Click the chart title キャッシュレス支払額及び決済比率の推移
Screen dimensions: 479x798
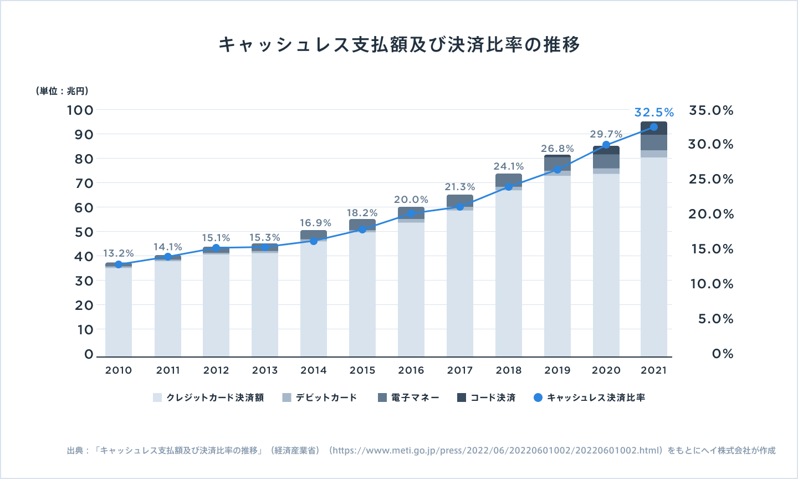pyautogui.click(x=399, y=44)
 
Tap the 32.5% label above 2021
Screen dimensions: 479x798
pyautogui.click(x=654, y=113)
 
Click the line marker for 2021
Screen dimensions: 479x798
pyautogui.click(x=654, y=127)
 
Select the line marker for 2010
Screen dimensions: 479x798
pyautogui.click(x=119, y=264)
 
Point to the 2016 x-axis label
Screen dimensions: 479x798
pyautogui.click(x=411, y=370)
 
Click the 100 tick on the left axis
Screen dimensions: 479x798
pyautogui.click(x=80, y=110)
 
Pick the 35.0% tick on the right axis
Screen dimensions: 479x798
pyautogui.click(x=711, y=110)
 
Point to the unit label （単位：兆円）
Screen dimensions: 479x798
pyautogui.click(x=62, y=91)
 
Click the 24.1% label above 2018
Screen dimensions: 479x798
pyautogui.click(x=509, y=166)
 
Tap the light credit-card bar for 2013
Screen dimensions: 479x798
pyautogui.click(x=265, y=305)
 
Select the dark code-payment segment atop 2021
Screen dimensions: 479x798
pyautogui.click(x=654, y=128)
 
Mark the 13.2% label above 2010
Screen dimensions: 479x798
pyautogui.click(x=119, y=253)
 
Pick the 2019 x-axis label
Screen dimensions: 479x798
pyautogui.click(x=557, y=370)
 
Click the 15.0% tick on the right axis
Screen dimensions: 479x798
pyautogui.click(x=712, y=249)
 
